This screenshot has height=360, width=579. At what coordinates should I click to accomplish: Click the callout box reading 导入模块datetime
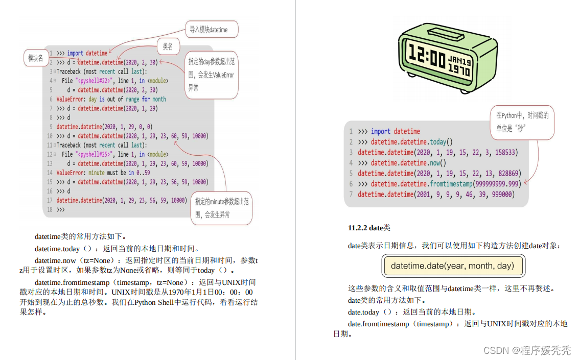click(x=209, y=30)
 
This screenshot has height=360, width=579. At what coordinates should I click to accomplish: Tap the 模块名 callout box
click(x=36, y=58)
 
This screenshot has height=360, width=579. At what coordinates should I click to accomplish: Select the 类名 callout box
click(x=168, y=47)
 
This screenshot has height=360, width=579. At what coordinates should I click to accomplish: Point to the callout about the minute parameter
click(x=222, y=208)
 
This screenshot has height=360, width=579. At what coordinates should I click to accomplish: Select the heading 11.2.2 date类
click(x=369, y=228)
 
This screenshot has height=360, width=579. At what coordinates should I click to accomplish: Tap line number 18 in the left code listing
click(x=50, y=210)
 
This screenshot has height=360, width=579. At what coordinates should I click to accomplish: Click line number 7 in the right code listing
click(x=351, y=195)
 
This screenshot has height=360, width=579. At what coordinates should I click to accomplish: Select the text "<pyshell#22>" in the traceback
click(x=95, y=81)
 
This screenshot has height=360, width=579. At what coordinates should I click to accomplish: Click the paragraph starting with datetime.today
click(x=116, y=249)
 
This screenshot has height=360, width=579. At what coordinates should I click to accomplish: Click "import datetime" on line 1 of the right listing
click(x=396, y=131)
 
